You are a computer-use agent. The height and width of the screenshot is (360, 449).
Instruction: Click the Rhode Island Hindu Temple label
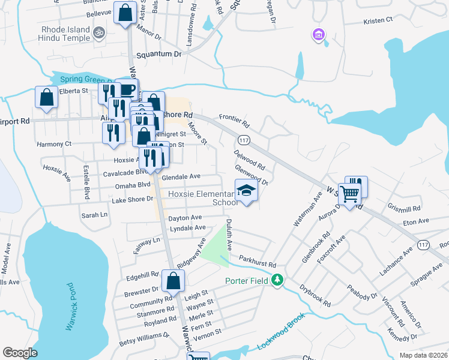[x=65, y=34]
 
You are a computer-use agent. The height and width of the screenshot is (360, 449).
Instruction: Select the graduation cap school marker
[x=246, y=190]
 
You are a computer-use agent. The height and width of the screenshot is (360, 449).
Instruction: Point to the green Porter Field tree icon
[x=277, y=280]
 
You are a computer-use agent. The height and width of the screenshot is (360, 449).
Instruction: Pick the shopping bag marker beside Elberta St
[x=47, y=98]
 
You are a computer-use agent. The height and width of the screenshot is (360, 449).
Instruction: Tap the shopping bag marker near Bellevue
[x=125, y=13]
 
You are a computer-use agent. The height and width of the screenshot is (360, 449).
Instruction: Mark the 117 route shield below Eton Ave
[x=423, y=245]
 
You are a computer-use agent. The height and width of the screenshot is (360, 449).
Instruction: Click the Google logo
[x=20, y=353]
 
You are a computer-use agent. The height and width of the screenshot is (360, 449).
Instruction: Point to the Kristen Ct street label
[x=378, y=20]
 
